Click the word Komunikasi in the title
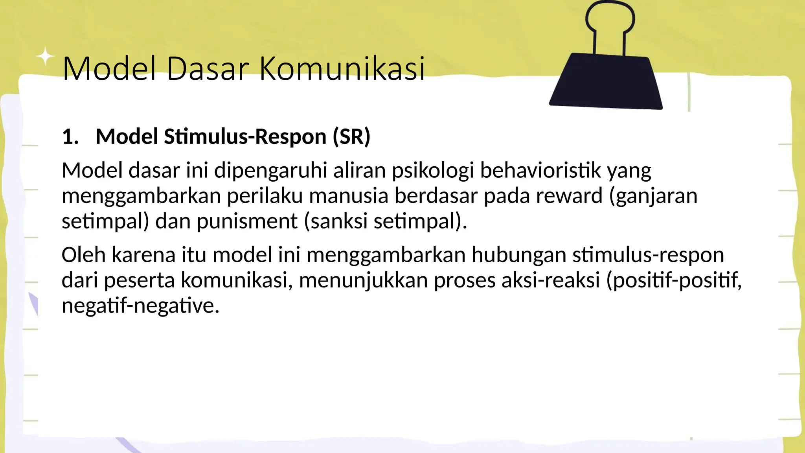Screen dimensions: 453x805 342,69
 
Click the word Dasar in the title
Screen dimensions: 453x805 208,69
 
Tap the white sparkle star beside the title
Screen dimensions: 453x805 46,57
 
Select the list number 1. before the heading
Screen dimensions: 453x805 70,137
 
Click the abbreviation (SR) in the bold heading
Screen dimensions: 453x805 351,137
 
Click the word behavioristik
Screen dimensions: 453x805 540,171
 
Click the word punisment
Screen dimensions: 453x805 247,221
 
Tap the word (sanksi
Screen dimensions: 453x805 336,221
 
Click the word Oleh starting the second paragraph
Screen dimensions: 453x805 83,255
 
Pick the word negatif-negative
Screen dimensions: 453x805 140,306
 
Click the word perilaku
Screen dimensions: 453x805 265,196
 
